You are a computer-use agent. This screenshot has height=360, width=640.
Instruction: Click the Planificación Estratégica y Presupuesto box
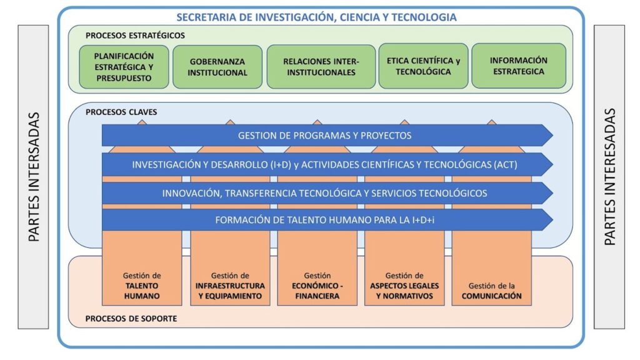tap(124, 67)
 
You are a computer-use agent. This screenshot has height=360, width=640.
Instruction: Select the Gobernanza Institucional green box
tap(217, 67)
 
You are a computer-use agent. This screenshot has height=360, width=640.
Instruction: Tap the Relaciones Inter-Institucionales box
tap(321, 66)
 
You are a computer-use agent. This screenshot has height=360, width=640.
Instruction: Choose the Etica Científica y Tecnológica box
tap(423, 66)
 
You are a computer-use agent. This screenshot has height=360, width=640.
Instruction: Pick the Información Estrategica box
tap(519, 66)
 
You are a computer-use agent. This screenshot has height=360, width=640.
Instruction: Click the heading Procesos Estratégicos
tap(135, 36)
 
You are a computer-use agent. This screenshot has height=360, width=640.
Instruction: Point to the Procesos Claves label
tap(121, 112)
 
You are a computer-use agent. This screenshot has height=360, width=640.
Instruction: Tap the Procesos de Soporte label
tap(131, 318)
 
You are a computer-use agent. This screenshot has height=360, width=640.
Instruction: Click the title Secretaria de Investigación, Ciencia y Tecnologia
tap(316, 17)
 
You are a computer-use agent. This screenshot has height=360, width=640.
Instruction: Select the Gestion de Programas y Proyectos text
tap(324, 136)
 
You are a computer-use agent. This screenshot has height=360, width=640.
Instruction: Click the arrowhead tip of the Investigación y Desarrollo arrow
tap(553, 164)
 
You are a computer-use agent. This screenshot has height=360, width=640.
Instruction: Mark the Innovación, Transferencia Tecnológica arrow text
tap(324, 193)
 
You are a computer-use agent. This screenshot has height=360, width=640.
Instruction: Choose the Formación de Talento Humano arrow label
tap(324, 220)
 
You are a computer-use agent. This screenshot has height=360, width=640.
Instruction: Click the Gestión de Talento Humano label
tap(142, 286)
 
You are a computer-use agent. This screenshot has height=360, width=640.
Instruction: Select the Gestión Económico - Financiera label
tap(317, 286)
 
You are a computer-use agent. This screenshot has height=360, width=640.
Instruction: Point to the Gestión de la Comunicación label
tap(491, 291)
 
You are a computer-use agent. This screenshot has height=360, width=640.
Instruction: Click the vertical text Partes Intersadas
tap(34, 177)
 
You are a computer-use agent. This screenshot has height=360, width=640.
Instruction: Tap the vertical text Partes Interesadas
tap(609, 177)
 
